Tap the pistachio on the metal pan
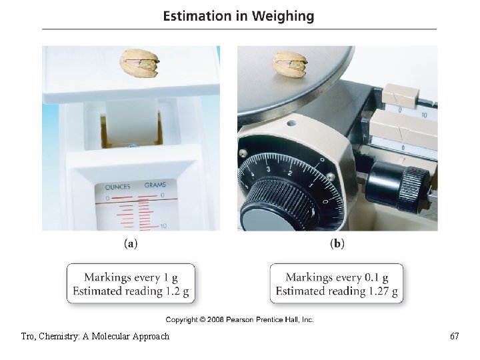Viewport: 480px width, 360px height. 290,65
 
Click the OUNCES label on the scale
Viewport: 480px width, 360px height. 118,187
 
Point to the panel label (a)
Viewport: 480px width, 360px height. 131,244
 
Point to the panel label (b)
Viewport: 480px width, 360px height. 337,244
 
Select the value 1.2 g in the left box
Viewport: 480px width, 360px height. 176,291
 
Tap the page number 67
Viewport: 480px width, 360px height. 454,336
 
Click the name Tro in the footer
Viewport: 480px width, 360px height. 28,336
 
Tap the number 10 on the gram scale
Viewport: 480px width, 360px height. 163,227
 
